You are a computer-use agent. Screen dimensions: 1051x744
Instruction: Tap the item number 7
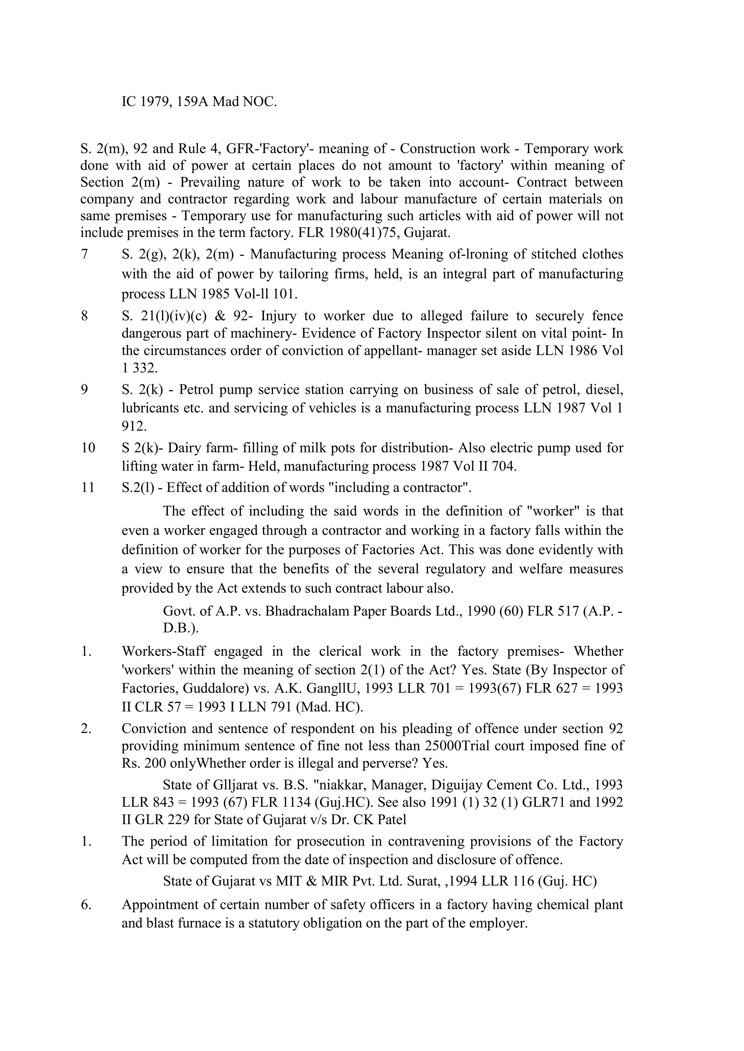[84, 254]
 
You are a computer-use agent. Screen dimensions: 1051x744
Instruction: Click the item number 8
[84, 316]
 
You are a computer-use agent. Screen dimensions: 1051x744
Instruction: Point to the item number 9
[84, 389]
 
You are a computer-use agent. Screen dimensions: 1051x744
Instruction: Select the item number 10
[88, 448]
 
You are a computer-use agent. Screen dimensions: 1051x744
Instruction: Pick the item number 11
[88, 487]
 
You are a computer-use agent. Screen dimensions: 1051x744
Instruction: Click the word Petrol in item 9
[197, 389]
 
